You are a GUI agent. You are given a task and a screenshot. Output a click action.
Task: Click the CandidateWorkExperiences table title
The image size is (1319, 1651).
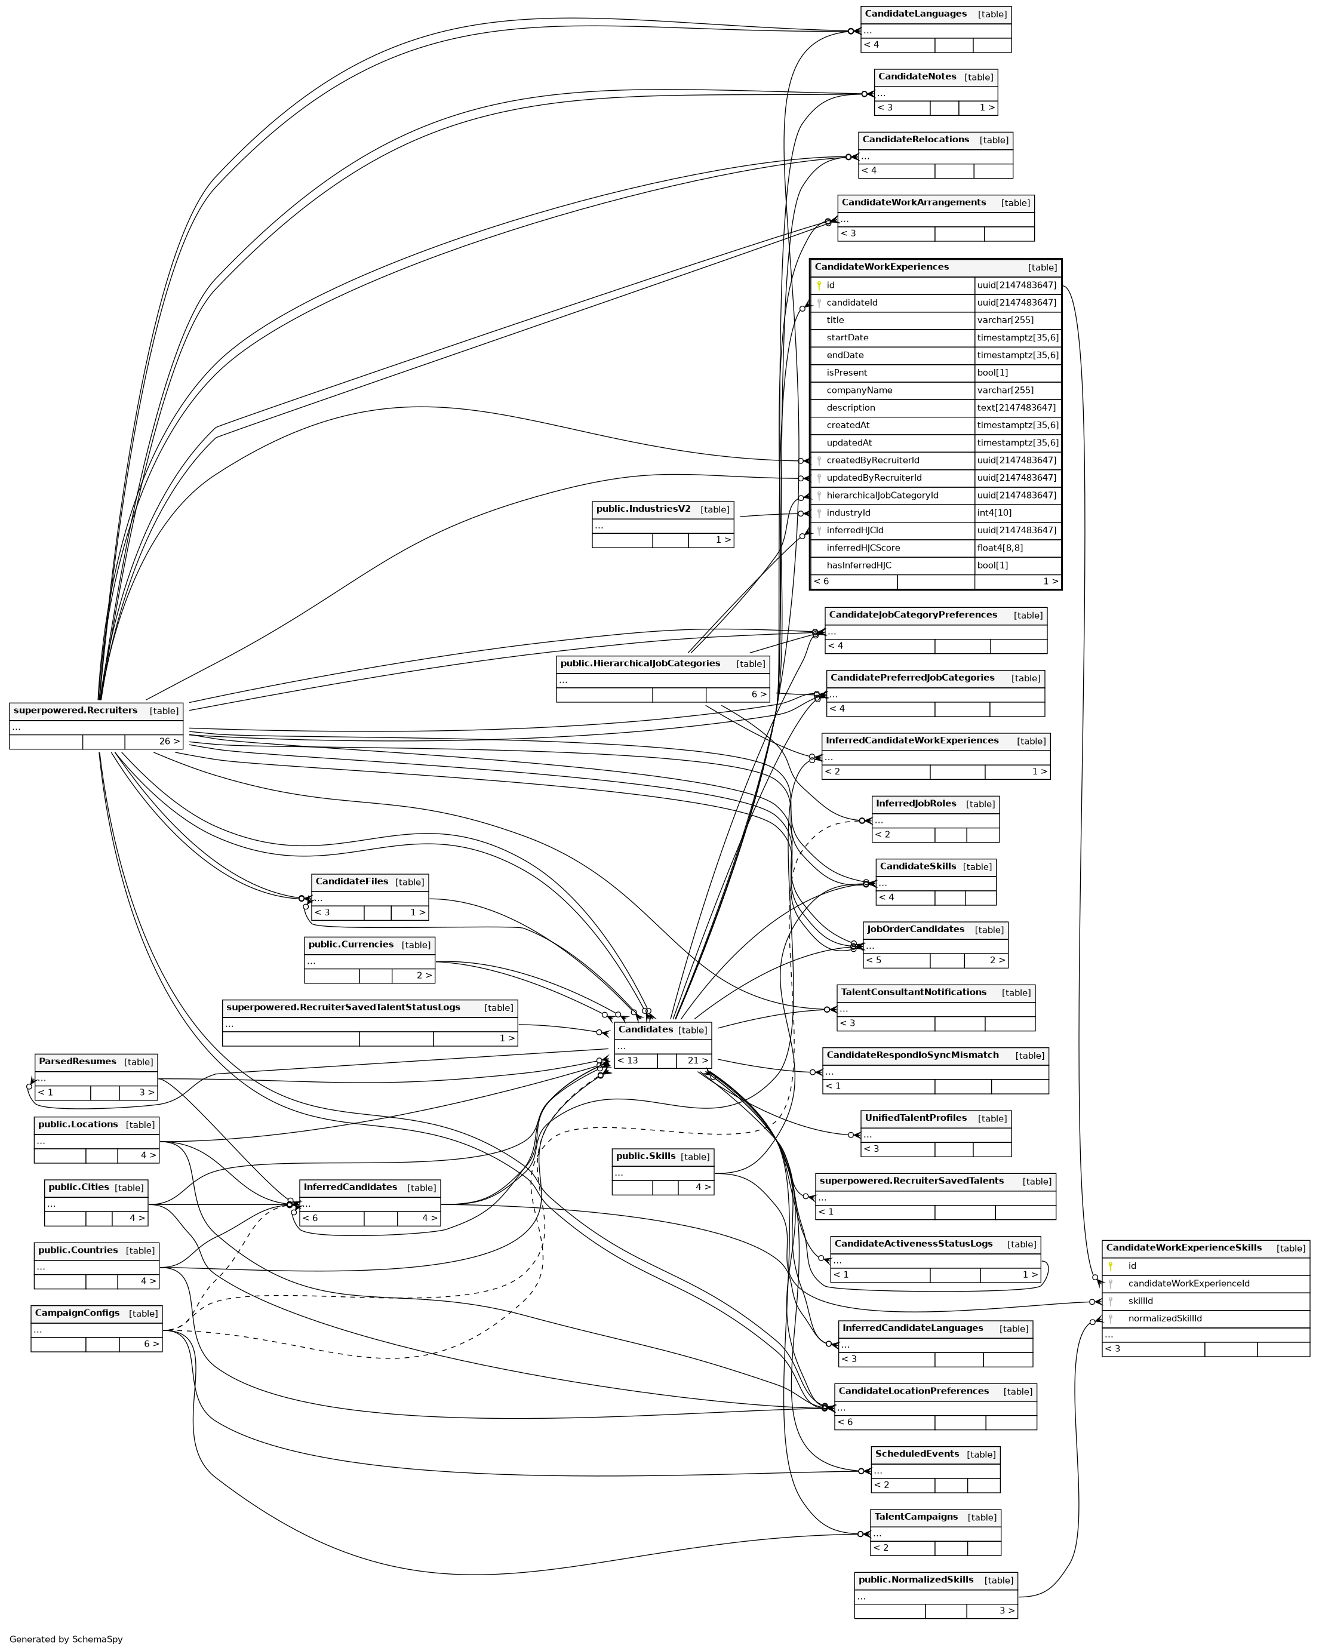click(x=881, y=268)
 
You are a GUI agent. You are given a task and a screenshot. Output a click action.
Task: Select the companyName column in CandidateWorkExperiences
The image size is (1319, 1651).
click(x=859, y=391)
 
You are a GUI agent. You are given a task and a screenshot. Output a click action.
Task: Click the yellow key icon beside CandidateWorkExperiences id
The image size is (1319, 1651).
click(x=819, y=285)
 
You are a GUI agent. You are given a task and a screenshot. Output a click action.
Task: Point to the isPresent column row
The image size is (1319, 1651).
click(x=847, y=373)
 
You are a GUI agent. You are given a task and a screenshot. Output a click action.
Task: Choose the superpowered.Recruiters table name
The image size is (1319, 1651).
click(x=75, y=711)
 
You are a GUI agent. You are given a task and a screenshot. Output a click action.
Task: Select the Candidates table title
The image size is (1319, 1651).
click(x=645, y=1030)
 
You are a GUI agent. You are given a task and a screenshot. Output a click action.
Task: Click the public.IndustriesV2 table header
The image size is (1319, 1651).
click(x=642, y=509)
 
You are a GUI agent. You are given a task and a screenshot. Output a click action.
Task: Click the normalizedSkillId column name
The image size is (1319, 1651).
click(x=1164, y=1318)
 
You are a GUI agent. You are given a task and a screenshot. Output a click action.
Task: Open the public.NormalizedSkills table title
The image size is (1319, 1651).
click(x=915, y=1580)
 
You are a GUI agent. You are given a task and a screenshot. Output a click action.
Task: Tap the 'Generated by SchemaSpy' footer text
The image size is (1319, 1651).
click(x=66, y=1640)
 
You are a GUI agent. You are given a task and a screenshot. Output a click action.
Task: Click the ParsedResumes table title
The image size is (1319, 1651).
click(x=76, y=1062)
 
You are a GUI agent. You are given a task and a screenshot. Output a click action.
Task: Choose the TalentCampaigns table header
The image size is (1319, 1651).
click(x=915, y=1517)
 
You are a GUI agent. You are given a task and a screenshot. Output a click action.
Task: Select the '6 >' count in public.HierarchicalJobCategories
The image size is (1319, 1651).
click(x=758, y=694)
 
